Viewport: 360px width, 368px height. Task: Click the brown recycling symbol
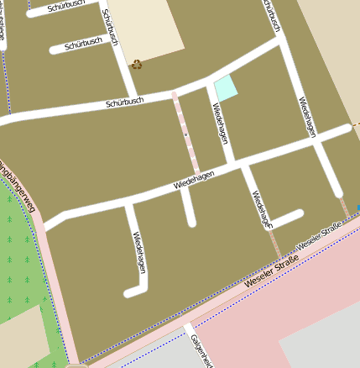tap(136, 63)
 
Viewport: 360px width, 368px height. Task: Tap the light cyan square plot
tap(225, 87)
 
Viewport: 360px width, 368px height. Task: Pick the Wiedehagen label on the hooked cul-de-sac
tap(139, 251)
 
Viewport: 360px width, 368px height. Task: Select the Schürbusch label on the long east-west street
tap(124, 103)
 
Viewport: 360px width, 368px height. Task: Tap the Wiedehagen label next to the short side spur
tap(262, 210)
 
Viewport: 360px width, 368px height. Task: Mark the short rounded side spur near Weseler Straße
tap(285, 218)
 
